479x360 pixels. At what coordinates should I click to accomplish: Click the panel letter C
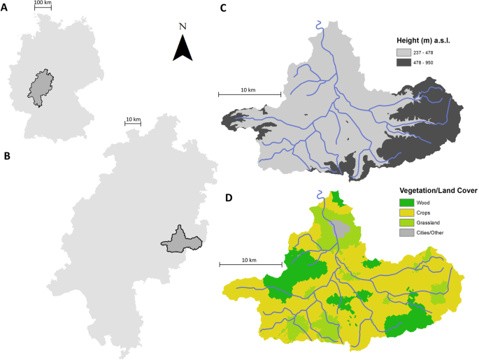pos(224,8)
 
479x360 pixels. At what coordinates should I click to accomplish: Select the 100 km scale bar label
pos(43,3)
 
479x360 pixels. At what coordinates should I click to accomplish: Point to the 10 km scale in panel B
pos(133,120)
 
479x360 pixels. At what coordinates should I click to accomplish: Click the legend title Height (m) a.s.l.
pos(423,41)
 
